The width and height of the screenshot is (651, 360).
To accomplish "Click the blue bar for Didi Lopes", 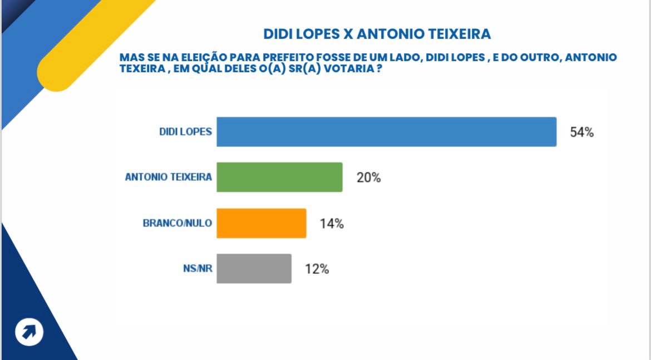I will click(x=386, y=132).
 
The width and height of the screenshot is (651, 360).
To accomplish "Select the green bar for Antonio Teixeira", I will click(x=279, y=177).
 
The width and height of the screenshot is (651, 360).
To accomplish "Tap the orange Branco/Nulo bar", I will click(x=261, y=223).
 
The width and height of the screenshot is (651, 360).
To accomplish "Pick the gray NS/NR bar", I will click(x=254, y=269).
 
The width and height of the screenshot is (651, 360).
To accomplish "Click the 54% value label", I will click(x=582, y=132).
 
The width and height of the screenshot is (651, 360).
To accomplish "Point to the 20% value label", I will click(x=368, y=178).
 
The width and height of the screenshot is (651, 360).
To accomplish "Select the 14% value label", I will click(x=332, y=224).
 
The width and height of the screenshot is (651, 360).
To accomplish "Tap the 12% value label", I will click(x=317, y=269).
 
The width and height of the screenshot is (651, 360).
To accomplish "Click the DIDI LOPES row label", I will click(x=185, y=132).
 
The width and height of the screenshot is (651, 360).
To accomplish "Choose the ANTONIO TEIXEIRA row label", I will click(x=169, y=178).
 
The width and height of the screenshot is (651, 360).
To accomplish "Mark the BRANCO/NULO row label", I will click(x=177, y=223).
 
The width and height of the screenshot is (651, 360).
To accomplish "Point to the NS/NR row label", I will click(x=198, y=269).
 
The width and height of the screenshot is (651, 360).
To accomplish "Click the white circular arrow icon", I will click(x=29, y=332).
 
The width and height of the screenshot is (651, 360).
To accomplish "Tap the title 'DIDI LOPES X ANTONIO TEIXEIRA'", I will click(x=377, y=34).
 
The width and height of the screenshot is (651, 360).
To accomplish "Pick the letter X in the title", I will click(x=347, y=34).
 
